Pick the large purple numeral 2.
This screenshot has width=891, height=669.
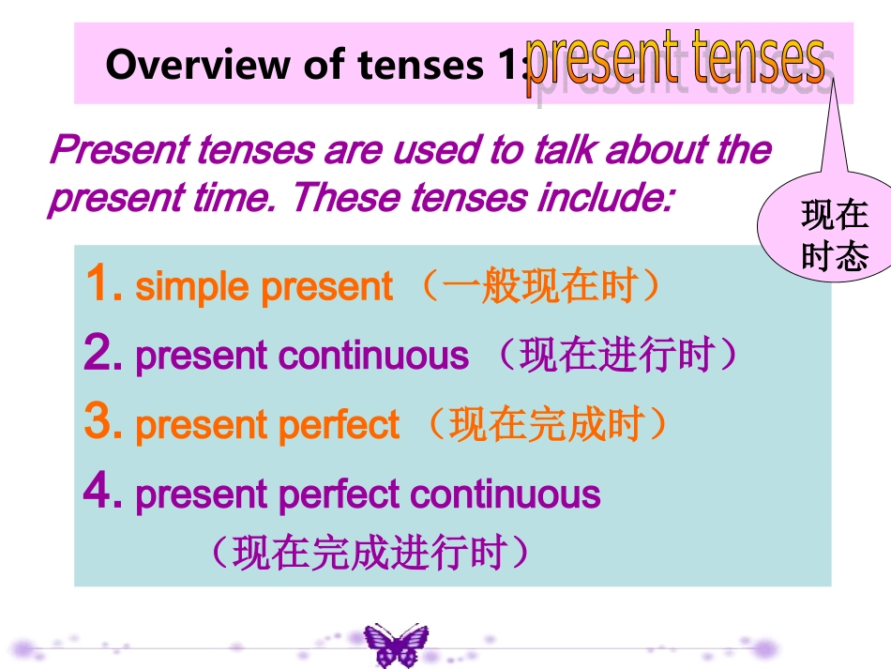click(x=98, y=354)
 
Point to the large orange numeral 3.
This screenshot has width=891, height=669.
click(x=98, y=423)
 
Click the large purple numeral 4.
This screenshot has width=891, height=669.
click(x=98, y=492)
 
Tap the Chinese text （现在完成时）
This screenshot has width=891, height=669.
click(x=546, y=424)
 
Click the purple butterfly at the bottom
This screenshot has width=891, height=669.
click(x=395, y=645)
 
